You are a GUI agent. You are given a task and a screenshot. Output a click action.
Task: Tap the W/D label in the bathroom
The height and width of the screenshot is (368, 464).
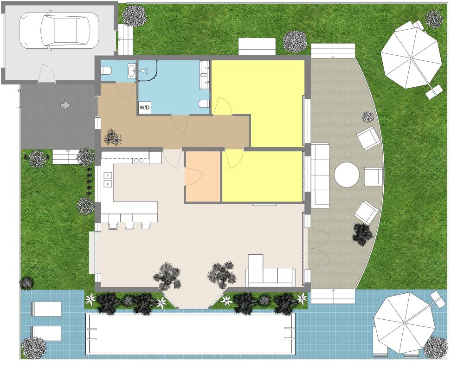coord(144,108)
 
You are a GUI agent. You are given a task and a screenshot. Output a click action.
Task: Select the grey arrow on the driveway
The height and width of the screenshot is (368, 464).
coord(65,105)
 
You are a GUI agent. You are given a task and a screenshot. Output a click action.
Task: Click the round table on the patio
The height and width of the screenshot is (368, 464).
coord(347,175)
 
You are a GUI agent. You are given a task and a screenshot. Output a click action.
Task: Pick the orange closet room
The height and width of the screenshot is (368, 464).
coord(203,176)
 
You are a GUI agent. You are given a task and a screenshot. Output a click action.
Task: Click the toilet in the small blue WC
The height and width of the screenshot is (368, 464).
coord(106,71)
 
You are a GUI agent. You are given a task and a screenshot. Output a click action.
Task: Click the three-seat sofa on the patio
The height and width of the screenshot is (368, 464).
coord(320,175)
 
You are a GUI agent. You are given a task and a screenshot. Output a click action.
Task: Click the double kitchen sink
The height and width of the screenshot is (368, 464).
coord(108,179)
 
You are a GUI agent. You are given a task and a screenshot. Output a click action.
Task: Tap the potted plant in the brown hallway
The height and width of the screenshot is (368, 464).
coord(112,137)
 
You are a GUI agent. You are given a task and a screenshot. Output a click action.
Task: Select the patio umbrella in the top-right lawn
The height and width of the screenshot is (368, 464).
coord(411,57)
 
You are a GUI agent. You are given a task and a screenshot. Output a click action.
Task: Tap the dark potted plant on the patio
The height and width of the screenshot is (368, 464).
coord(362,233)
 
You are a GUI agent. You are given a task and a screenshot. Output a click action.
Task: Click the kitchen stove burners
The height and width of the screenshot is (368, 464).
coord(139,161)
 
